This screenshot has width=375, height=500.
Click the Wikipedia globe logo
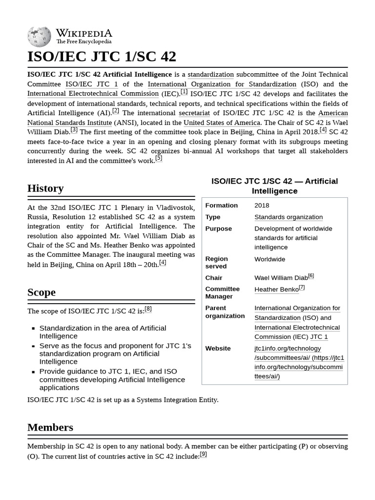[39, 37]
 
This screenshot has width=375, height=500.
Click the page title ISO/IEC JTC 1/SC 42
[102, 57]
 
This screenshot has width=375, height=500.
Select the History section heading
[45, 188]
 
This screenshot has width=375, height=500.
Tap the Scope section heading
[42, 292]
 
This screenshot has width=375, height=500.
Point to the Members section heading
[50, 427]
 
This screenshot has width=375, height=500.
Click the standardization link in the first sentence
[210, 74]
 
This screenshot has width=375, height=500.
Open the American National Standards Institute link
[187, 118]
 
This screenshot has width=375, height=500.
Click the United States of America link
[222, 123]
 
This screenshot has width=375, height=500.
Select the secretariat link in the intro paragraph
[194, 113]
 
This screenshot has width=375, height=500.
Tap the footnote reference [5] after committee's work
[159, 158]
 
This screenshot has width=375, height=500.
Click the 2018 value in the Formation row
[262, 205]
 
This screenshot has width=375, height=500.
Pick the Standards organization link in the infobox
[288, 217]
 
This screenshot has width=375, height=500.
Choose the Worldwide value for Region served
[270, 259]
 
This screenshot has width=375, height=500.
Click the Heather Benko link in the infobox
[276, 289]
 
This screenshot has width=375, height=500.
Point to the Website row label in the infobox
[218, 348]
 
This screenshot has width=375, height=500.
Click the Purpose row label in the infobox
[218, 229]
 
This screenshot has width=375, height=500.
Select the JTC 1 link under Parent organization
[319, 336]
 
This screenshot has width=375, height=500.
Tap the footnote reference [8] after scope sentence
[148, 309]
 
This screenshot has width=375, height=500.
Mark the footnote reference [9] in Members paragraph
[203, 454]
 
